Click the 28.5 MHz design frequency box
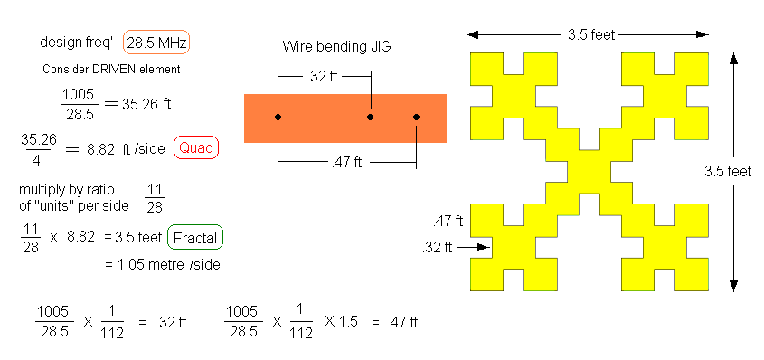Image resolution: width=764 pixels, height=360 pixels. coord(156,43)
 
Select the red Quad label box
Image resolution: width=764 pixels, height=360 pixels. coord(196,148)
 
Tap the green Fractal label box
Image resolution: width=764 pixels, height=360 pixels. coord(195,238)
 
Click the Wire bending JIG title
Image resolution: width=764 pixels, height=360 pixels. coord(336,47)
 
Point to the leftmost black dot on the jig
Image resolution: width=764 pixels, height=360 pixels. coord(278,117)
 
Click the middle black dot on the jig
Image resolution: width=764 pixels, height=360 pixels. coord(371,117)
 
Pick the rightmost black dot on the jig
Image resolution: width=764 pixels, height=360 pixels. coord(416,117)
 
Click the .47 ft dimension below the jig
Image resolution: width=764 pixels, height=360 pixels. coord(346,163)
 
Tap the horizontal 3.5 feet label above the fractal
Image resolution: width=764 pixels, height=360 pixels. coord(591,34)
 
